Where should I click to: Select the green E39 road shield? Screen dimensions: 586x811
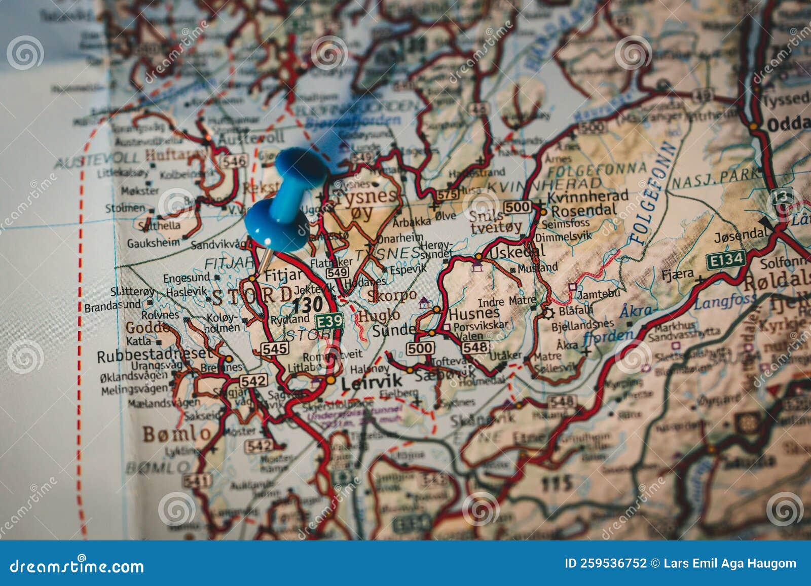pyautogui.click(x=329, y=321)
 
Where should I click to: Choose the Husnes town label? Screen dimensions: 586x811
pyautogui.click(x=474, y=314)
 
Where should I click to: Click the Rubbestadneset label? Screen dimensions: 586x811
pyautogui.click(x=154, y=355)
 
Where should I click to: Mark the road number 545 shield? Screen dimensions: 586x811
pyautogui.click(x=274, y=348)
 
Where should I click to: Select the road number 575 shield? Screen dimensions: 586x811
pyautogui.click(x=447, y=193)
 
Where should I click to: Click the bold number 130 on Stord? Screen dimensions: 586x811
pyautogui.click(x=308, y=304)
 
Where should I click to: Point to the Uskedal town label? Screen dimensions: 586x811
pyautogui.click(x=518, y=250)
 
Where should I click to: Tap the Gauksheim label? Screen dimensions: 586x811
pyautogui.click(x=153, y=243)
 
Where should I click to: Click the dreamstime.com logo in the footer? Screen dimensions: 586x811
pyautogui.click(x=77, y=566)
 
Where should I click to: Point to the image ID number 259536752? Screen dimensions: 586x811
pyautogui.click(x=605, y=563)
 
